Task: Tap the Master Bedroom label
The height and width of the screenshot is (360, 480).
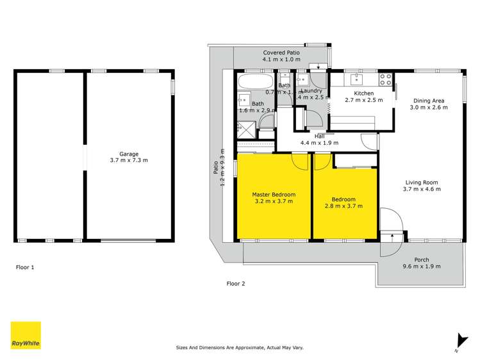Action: (x=274, y=194)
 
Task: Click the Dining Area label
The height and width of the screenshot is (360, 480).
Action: (x=429, y=101)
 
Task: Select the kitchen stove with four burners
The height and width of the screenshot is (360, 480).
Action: (x=386, y=79)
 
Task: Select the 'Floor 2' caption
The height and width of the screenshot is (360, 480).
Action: (x=236, y=282)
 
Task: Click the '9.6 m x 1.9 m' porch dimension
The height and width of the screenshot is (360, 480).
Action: (x=422, y=266)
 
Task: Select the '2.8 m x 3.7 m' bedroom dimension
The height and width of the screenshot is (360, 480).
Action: (x=344, y=206)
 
